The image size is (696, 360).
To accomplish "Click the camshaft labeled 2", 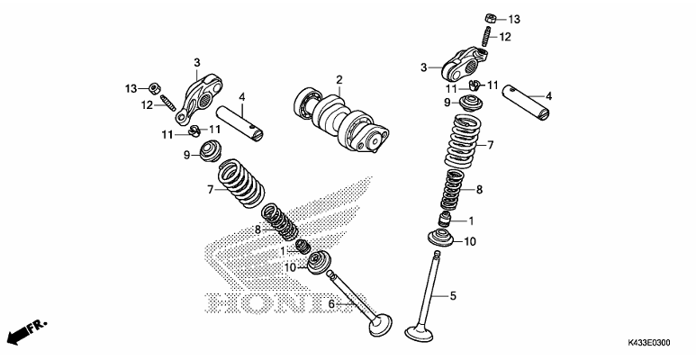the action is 341,120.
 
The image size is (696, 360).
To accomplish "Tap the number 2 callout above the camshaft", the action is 339,80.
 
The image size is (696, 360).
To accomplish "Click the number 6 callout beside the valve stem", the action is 331,304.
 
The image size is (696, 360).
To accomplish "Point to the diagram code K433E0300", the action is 648,343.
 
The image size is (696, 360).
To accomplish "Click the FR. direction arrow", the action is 27,332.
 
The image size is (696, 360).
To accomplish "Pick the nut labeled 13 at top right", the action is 490,19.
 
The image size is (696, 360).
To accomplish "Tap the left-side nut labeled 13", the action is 154,88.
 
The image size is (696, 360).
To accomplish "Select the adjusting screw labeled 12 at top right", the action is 486,36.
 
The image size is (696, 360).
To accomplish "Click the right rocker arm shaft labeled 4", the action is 527,102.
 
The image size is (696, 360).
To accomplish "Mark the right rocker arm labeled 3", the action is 464,66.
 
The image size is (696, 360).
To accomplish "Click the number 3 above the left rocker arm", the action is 197,63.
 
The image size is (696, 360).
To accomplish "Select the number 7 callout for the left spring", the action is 211,190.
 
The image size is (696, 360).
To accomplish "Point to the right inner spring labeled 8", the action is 453,190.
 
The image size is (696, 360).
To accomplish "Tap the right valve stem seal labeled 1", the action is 445,220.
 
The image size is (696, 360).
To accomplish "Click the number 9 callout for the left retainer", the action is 187,155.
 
